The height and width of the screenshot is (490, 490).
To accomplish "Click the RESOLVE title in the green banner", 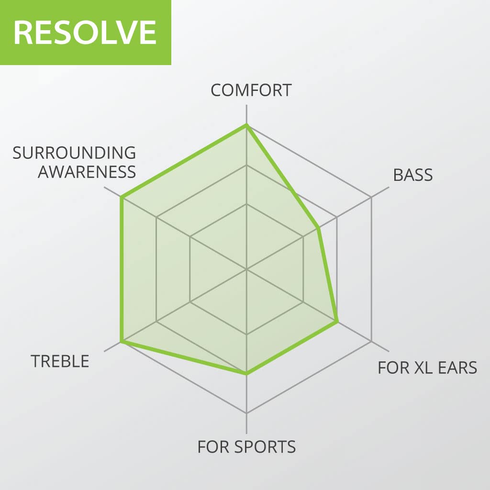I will point(85,32).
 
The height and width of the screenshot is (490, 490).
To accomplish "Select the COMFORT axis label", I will point(251,90).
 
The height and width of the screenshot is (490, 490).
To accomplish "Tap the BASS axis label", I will point(412,175).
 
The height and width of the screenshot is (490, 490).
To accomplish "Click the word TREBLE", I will point(60,361).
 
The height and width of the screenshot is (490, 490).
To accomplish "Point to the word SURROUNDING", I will point(74,153).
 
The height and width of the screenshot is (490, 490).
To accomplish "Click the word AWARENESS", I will point(87,172).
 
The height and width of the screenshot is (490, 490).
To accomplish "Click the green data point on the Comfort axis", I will point(246,125).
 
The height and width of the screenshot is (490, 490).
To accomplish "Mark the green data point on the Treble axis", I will point(122,341).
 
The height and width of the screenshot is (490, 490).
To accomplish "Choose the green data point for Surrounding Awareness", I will point(122,197).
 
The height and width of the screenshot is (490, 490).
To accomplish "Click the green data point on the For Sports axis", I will point(246,373).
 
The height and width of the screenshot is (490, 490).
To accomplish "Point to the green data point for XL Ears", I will point(337,322).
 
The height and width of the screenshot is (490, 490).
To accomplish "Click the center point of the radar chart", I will point(246,269).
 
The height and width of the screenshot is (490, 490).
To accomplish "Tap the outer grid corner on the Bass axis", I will point(371,197).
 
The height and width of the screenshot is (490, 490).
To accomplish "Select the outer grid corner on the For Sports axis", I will point(246,413).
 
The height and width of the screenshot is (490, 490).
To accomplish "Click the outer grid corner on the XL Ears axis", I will point(371,341).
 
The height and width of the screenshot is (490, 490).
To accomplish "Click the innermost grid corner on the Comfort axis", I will point(246,204).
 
